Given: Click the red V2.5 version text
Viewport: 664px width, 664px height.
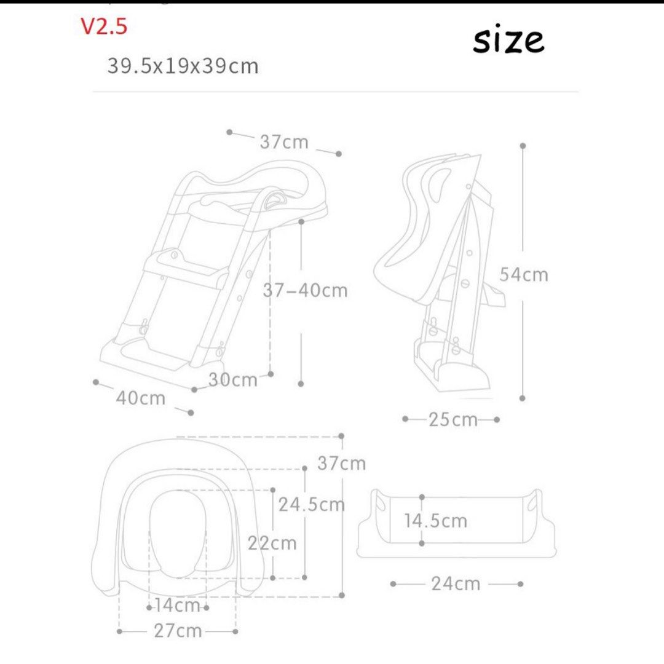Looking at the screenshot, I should pyautogui.click(x=104, y=27).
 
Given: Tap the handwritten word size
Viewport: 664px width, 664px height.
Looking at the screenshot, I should pyautogui.click(x=508, y=41).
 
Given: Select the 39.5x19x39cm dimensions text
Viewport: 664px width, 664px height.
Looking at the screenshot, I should pyautogui.click(x=183, y=66).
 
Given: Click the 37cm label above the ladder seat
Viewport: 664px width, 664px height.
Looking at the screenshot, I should pyautogui.click(x=284, y=142).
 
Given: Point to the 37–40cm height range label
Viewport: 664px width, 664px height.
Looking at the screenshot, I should pyautogui.click(x=306, y=290).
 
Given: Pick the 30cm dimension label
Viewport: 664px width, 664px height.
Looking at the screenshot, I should pyautogui.click(x=232, y=380).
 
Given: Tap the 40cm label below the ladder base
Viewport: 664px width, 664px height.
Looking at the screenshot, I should pyautogui.click(x=141, y=398).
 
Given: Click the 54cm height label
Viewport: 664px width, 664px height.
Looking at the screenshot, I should pyautogui.click(x=523, y=274).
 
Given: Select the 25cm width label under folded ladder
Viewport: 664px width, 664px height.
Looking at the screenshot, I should pyautogui.click(x=453, y=420).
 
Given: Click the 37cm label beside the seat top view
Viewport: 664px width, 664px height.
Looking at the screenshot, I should pyautogui.click(x=341, y=463).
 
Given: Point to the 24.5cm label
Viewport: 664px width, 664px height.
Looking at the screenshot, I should pyautogui.click(x=311, y=505).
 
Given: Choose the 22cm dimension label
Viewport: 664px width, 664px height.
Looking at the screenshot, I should pyautogui.click(x=272, y=543).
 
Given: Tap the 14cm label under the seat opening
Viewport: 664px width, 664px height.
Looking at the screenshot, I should pyautogui.click(x=177, y=606).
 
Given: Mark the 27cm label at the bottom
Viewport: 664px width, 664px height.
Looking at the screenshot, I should pyautogui.click(x=178, y=631).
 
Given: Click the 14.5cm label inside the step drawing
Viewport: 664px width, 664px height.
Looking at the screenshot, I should pyautogui.click(x=435, y=521).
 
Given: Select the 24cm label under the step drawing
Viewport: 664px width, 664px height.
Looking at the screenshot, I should pyautogui.click(x=455, y=583).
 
